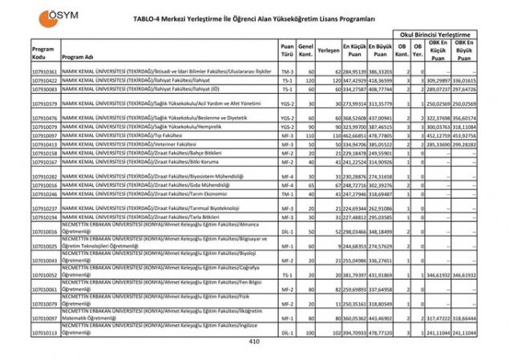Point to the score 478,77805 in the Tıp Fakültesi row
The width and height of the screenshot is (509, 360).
coord(380,136)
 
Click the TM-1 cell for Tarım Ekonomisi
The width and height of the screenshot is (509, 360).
coord(287,194)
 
